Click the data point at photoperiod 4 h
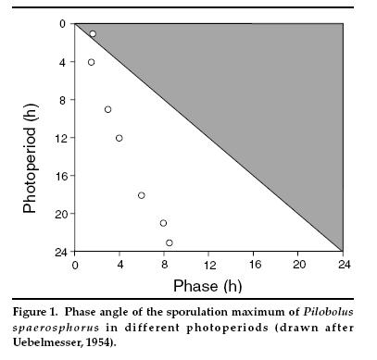coord(91,62)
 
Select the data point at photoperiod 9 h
coord(107,109)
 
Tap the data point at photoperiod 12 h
coord(119,138)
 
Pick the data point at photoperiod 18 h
coord(141,195)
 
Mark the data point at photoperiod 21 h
coord(163,223)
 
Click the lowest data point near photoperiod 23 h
coord(170,242)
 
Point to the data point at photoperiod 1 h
coord(93,33)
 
